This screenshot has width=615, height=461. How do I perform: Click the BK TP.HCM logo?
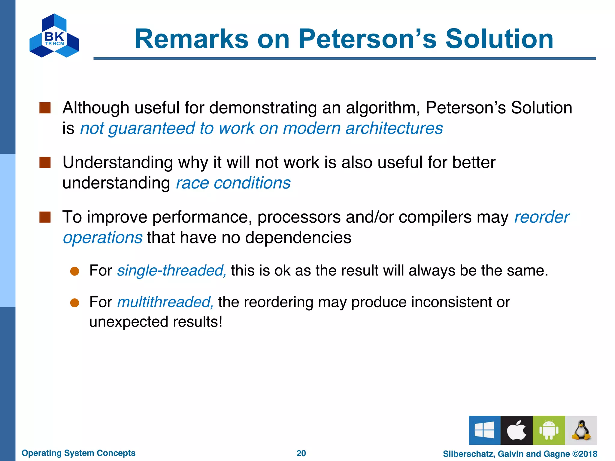pos(54,36)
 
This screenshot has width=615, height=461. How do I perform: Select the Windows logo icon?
pos(484,430)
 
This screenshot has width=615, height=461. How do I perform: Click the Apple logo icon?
pos(517,430)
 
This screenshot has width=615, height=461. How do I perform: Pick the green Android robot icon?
pos(549,430)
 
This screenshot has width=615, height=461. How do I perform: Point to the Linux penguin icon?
pos(581,430)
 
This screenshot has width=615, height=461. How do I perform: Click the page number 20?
pos(301,453)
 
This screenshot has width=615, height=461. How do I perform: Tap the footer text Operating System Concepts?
pos(78,453)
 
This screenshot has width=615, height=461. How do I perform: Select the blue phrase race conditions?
pos(233,183)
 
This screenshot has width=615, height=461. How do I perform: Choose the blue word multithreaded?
pos(165,302)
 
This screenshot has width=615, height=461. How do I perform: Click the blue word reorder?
pos(541,217)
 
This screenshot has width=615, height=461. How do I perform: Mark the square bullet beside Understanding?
pos(45,163)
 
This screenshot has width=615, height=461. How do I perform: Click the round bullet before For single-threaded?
pos(74,271)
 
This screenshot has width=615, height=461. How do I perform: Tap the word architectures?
pos(394,128)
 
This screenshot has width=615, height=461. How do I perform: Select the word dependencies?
pos(298,237)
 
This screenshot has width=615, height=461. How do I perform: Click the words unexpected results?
pos(156,322)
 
